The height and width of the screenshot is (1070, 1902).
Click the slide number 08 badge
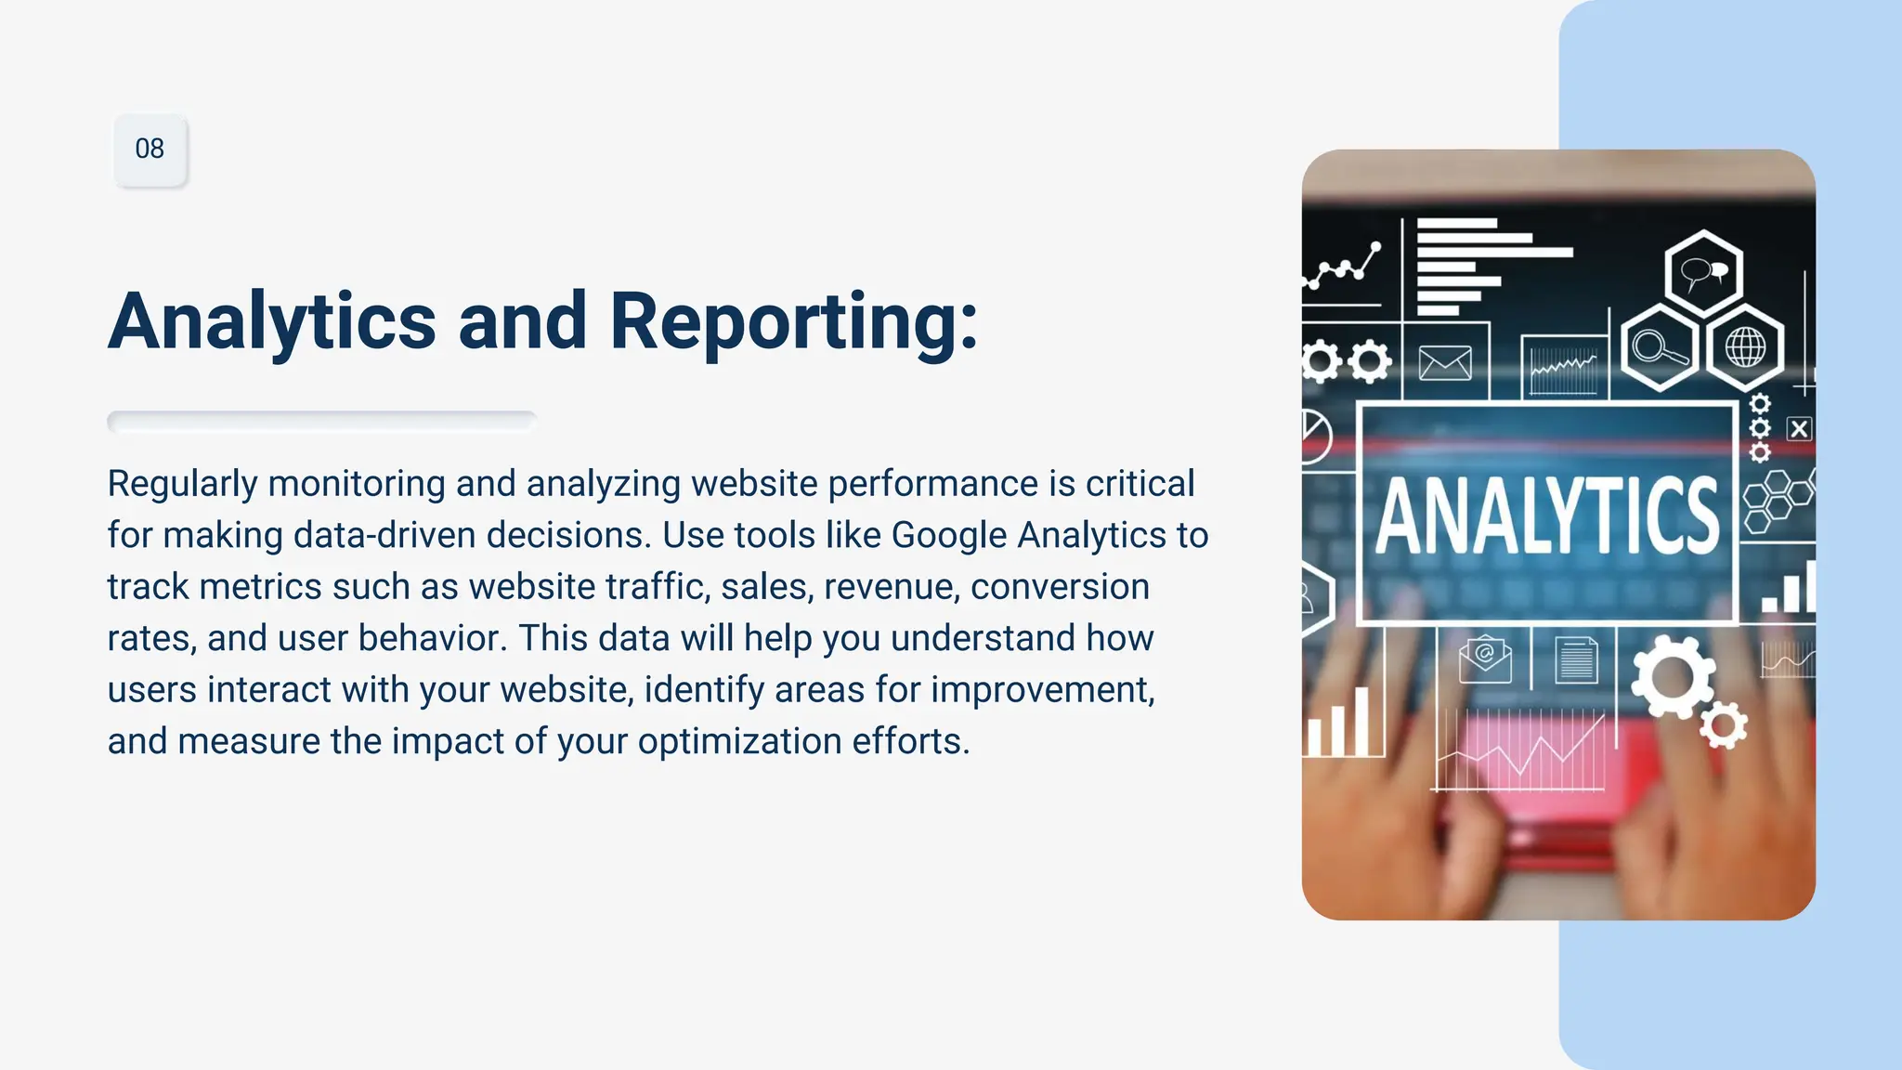[x=150, y=150]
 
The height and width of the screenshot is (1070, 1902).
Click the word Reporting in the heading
[x=793, y=321]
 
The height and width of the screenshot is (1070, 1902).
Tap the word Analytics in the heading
[x=272, y=321]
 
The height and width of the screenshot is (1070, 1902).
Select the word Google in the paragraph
[x=948, y=535]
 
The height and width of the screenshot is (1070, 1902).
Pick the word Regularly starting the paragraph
[x=182, y=484]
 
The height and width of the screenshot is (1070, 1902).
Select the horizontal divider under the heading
[x=321, y=422]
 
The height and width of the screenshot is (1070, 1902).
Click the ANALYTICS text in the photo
[x=1546, y=515]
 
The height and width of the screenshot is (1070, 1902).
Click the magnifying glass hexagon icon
[x=1659, y=348]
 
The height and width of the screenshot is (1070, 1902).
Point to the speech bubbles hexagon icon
[x=1703, y=272]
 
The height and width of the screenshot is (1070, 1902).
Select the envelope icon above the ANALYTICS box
[x=1445, y=363]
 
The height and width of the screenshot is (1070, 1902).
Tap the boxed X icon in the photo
[x=1799, y=429]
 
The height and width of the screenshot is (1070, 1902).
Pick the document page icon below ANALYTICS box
[x=1576, y=660]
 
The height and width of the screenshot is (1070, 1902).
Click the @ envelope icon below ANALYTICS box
[x=1484, y=659]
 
